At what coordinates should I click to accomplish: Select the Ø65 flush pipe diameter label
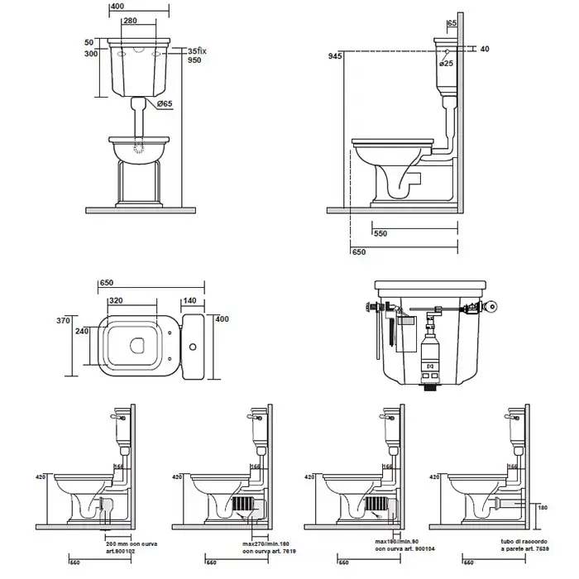(x=164, y=103)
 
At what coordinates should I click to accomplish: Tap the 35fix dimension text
(x=194, y=50)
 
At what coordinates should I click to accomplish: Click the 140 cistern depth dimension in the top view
(x=189, y=301)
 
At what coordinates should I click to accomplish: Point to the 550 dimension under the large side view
(x=380, y=233)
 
